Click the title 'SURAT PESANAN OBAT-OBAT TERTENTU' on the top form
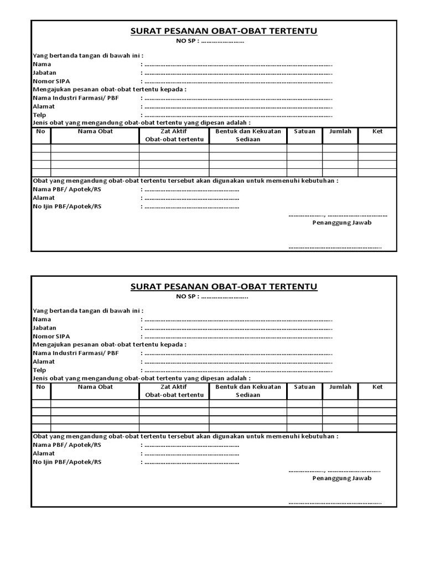(224, 32)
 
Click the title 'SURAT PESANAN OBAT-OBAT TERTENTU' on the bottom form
(224, 287)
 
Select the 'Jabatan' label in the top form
(44, 73)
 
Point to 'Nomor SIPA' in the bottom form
(51, 336)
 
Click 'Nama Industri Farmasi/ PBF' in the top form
(76, 97)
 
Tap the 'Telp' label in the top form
(39, 115)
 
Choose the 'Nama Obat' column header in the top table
(95, 131)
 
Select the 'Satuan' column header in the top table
(304, 131)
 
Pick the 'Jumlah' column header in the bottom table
(340, 387)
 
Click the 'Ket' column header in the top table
(377, 131)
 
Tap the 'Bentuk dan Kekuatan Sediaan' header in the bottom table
(248, 391)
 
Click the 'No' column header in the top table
(40, 131)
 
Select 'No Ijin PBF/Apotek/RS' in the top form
(67, 207)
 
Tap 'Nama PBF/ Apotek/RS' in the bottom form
(67, 445)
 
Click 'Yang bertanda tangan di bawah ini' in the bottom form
(89, 311)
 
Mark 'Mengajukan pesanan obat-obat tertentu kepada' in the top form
(110, 89)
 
